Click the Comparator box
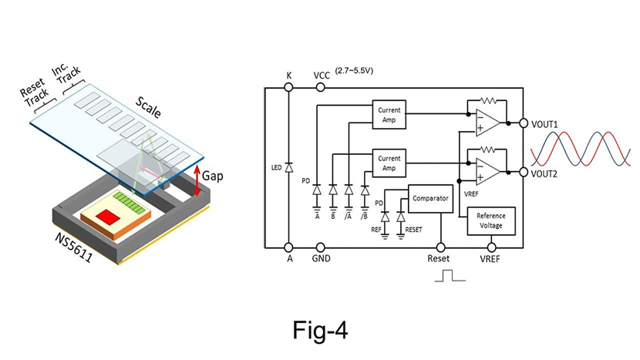[x=430, y=199]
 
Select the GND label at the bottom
[x=322, y=260]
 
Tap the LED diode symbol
[x=289, y=167]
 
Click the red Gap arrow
[x=197, y=178]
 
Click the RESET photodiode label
[x=413, y=230]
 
